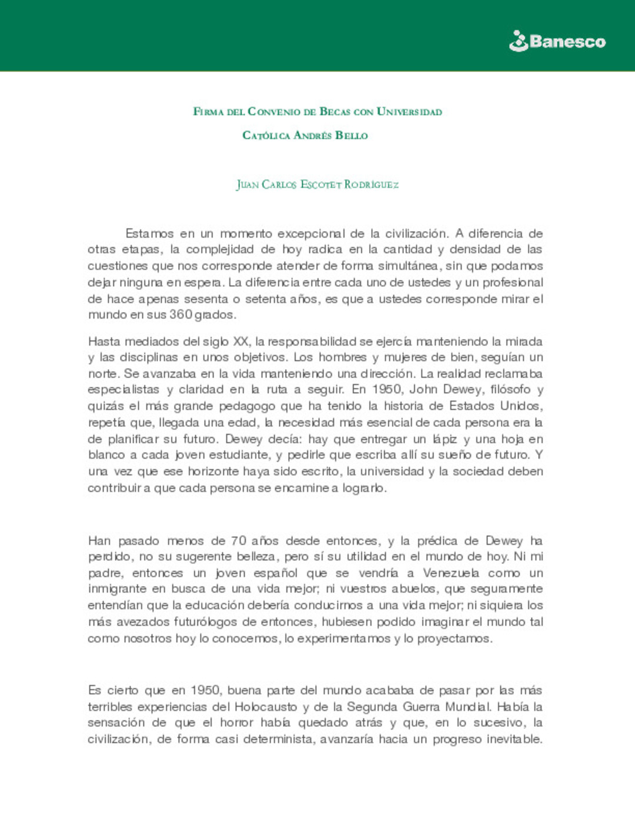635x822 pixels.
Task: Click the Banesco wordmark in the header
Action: pos(567,42)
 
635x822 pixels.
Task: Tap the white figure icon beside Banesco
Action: pos(518,41)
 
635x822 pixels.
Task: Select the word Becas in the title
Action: pos(335,112)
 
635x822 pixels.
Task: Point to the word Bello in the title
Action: pos(351,136)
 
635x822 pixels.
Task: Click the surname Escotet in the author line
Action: pos(320,185)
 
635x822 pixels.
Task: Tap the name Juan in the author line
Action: pos(248,185)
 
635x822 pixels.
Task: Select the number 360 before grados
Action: pos(181,315)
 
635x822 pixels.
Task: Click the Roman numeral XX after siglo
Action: pos(240,342)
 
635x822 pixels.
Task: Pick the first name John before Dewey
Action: pos(423,389)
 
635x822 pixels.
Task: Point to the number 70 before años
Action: pos(238,541)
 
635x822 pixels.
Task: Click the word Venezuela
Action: pos(451,573)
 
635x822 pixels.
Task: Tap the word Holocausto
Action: pos(266,707)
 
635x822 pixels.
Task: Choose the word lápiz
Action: pos(444,439)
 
